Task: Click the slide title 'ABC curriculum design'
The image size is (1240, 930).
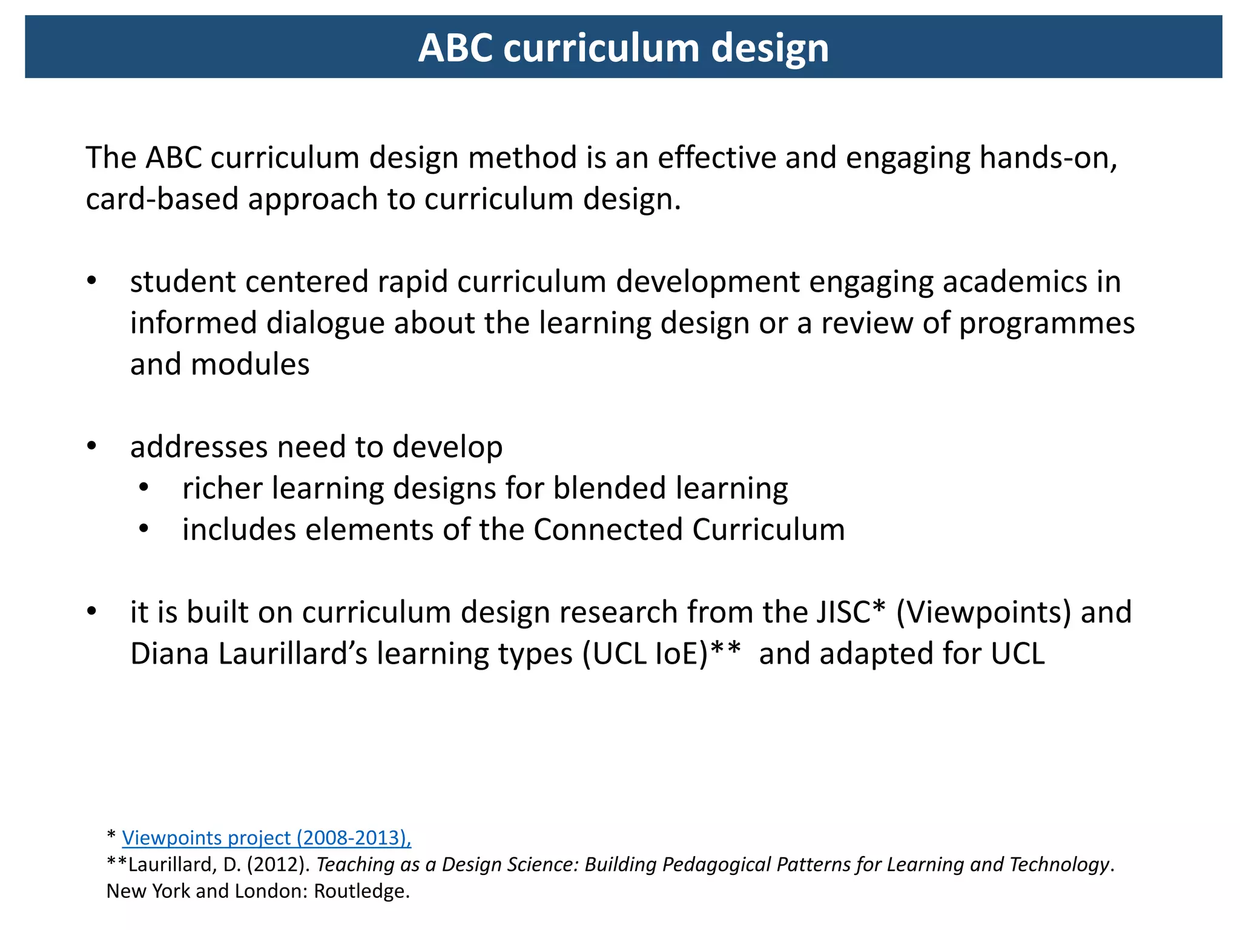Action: coord(623,48)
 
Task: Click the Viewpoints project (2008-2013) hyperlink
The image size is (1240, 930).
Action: coord(266,837)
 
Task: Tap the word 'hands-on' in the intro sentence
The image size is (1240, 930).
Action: coord(1048,158)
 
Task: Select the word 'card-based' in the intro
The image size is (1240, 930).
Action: coord(162,199)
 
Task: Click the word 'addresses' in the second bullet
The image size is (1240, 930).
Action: coord(199,447)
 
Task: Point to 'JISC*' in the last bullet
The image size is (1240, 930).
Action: coord(850,612)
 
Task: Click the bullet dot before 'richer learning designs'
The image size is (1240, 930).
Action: coord(143,488)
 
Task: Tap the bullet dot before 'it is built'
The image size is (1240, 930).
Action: coord(91,612)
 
